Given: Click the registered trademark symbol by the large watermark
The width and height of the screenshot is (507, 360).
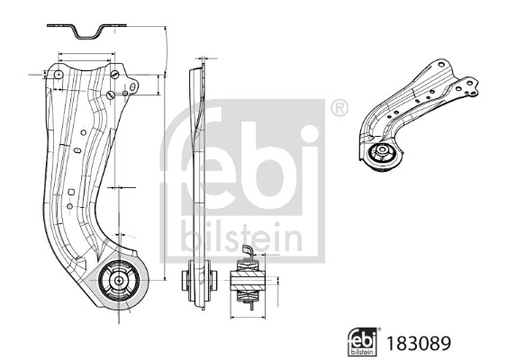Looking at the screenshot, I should click(339, 109).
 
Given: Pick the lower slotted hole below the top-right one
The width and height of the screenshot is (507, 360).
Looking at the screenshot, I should click(109, 95).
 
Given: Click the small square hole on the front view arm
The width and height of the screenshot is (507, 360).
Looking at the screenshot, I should click(70, 191).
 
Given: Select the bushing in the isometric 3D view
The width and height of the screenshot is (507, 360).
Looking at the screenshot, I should click(382, 154).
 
